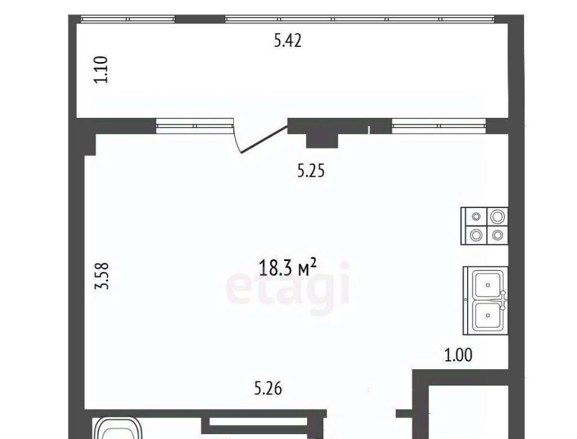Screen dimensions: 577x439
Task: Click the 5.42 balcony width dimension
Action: [x=288, y=40]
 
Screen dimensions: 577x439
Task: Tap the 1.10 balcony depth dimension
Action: [x=101, y=69]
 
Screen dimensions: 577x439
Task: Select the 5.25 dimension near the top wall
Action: [x=311, y=171]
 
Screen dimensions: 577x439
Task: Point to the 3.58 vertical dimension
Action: [x=102, y=275]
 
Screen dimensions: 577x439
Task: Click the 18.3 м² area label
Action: [x=287, y=267]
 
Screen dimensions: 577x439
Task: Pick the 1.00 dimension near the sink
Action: [x=459, y=355]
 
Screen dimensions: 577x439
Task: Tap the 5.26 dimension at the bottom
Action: [x=268, y=388]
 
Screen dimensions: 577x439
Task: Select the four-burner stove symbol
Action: [x=484, y=226]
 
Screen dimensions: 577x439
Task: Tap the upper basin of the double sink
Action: [x=488, y=284]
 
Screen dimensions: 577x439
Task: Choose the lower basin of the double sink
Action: [x=488, y=315]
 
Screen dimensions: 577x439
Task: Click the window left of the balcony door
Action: [x=195, y=126]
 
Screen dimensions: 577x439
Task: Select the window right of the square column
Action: [x=439, y=126]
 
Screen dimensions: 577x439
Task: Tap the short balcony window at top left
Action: [x=127, y=19]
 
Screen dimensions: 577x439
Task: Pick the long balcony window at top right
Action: [x=359, y=19]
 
